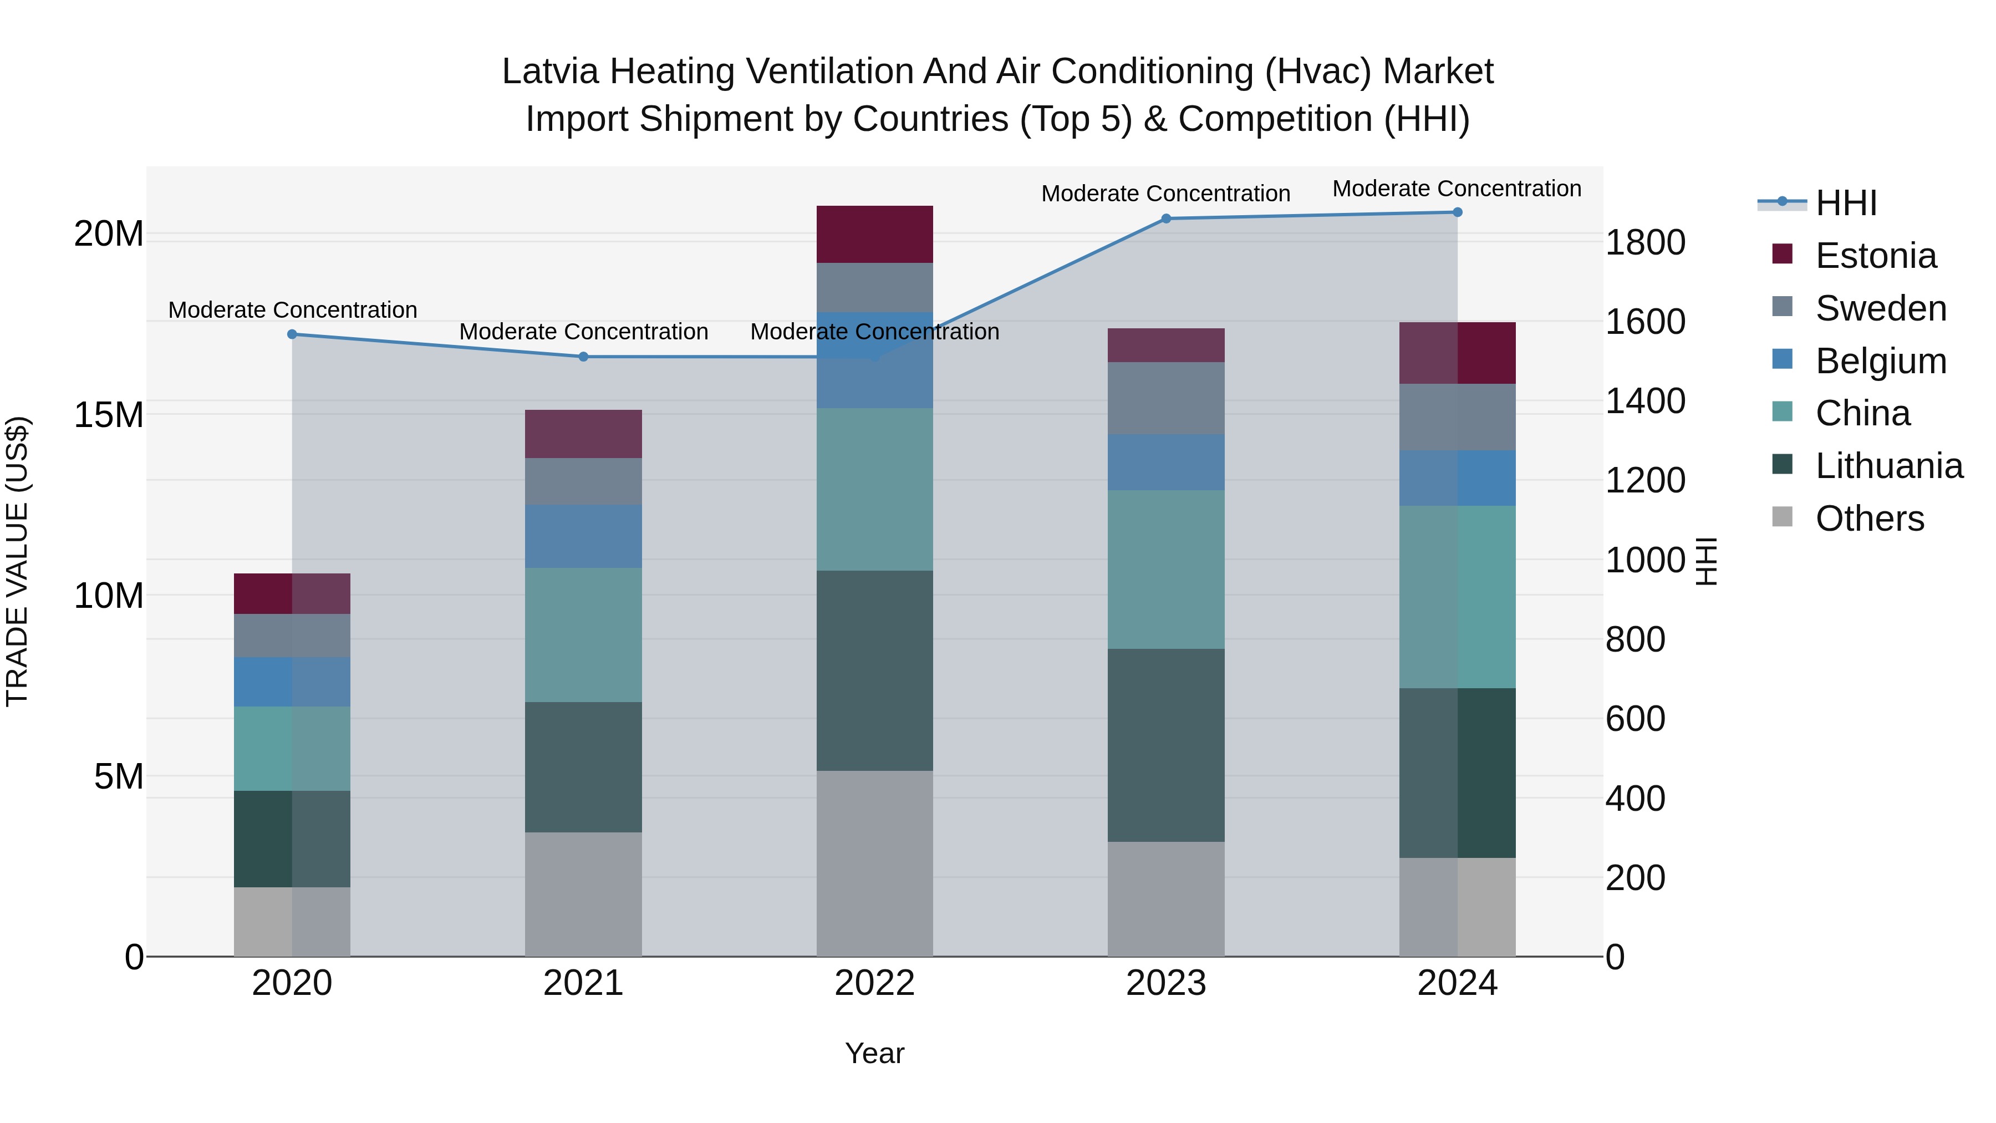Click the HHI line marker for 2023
pyautogui.click(x=1165, y=218)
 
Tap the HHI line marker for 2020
pyautogui.click(x=292, y=334)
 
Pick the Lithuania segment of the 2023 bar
pyautogui.click(x=1165, y=745)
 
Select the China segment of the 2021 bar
pyautogui.click(x=583, y=635)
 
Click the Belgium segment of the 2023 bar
pyautogui.click(x=1165, y=462)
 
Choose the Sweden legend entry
pyautogui.click(x=1881, y=308)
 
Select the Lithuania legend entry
pyautogui.click(x=1888, y=466)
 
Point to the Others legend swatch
pyautogui.click(x=1782, y=517)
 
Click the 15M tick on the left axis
pyautogui.click(x=109, y=415)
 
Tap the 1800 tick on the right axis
pyautogui.click(x=1645, y=242)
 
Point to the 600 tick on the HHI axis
pyautogui.click(x=1635, y=718)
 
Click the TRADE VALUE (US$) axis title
pyautogui.click(x=17, y=561)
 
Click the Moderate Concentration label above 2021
pyautogui.click(x=583, y=332)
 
